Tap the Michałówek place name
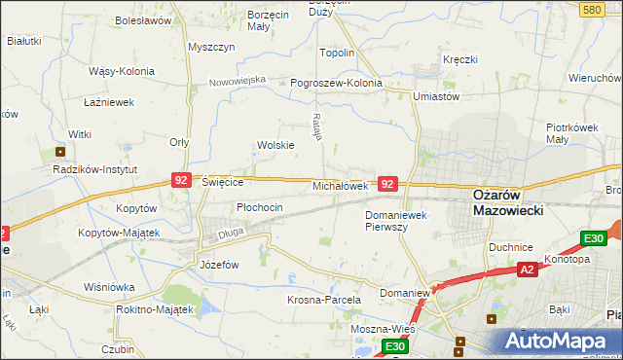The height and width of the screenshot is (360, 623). point(340,185)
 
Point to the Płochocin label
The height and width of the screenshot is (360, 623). point(260,207)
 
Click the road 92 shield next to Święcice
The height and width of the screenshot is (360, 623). point(181,180)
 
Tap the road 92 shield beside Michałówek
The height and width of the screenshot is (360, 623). point(387,183)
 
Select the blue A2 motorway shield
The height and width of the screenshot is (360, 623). point(527,270)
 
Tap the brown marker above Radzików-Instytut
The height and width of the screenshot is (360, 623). point(61,151)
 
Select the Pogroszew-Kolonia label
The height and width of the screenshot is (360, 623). point(336,83)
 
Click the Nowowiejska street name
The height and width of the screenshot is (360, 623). point(238,81)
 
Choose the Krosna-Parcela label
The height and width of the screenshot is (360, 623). point(324,300)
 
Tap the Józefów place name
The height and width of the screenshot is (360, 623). point(219,264)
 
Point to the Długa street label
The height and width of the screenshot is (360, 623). point(230,233)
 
